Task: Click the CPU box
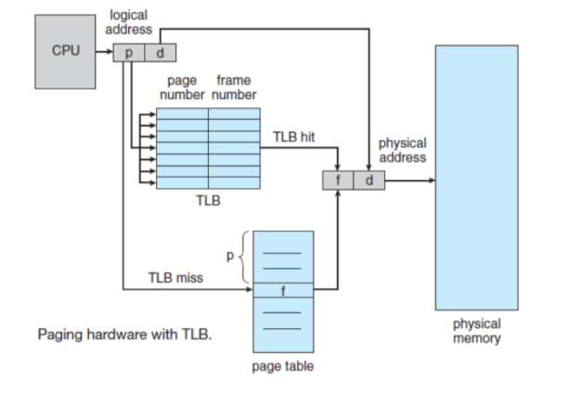coord(65,50)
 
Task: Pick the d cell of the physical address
coord(369,181)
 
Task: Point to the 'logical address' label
coord(130,23)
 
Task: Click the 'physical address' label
coord(402,150)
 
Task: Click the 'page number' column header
coord(181,88)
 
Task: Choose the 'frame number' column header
coord(234,88)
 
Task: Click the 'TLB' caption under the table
coord(208,201)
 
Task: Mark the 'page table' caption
coord(283,366)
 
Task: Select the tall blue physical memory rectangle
coord(476,176)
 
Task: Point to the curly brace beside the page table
coord(243,260)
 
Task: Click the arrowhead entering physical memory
coord(430,181)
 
